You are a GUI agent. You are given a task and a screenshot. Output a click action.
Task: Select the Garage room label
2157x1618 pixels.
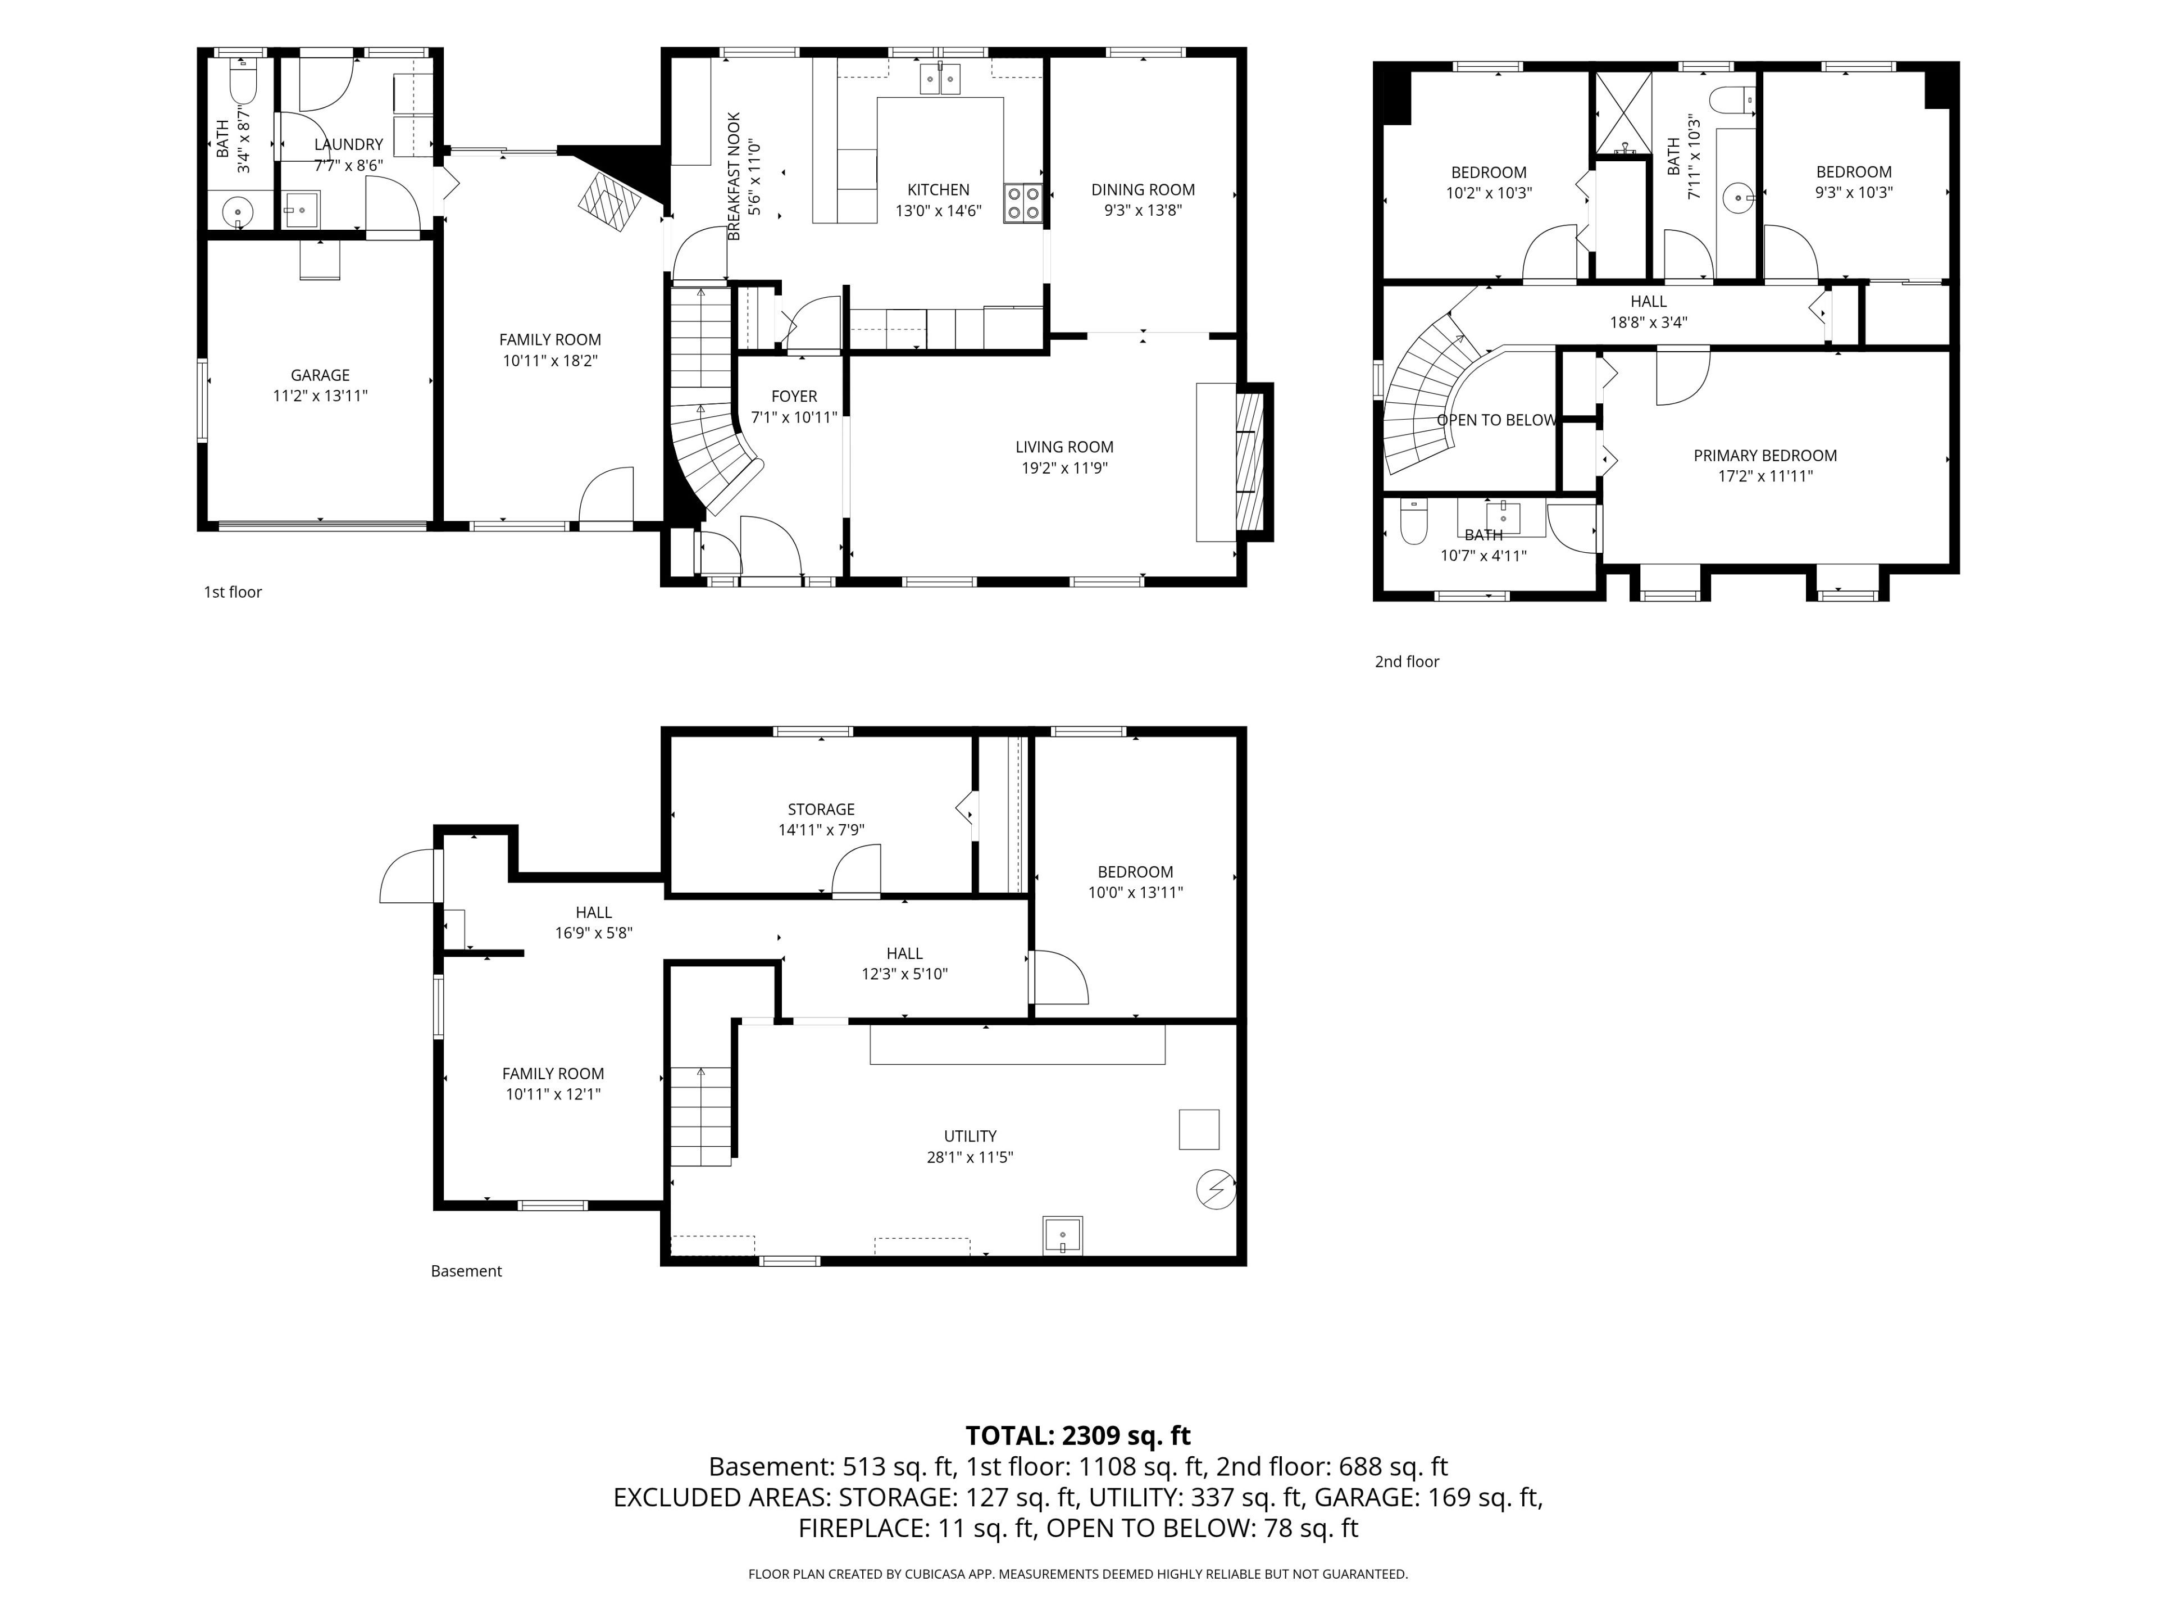tap(320, 375)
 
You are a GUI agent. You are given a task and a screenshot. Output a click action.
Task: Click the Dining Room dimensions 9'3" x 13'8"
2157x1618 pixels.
tap(1143, 210)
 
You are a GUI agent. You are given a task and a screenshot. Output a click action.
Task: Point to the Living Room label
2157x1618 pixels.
tap(1064, 447)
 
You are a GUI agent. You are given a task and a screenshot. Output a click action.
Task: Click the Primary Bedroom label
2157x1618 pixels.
tap(1765, 456)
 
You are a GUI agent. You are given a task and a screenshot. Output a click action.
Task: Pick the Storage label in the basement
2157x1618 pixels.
tap(821, 810)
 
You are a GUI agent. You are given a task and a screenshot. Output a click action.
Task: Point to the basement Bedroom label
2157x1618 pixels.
tap(1135, 872)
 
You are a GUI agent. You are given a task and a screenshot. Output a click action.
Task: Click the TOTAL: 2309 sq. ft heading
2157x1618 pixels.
tap(1077, 1435)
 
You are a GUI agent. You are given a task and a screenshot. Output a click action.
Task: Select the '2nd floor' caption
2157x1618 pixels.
tap(1406, 661)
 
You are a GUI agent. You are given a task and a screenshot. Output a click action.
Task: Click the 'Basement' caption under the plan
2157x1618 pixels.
tap(466, 1271)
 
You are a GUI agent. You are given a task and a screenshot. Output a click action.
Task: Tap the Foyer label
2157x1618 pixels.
tap(794, 396)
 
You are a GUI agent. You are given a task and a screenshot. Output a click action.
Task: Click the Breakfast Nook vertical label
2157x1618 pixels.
tap(734, 175)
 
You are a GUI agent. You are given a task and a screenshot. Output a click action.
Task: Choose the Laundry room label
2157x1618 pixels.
tap(348, 144)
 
